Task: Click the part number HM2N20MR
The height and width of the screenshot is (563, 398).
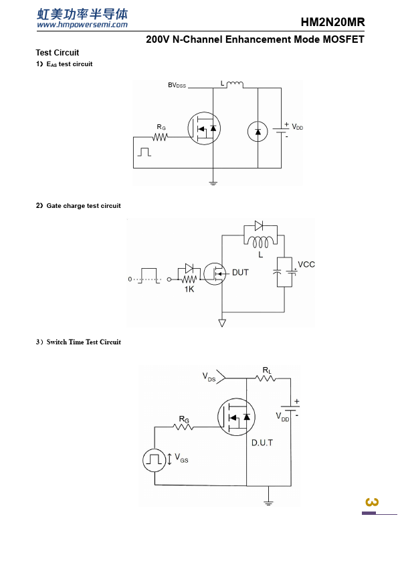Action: [332, 22]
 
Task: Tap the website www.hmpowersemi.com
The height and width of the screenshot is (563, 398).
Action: [82, 25]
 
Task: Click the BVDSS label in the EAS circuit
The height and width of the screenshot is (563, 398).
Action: [177, 85]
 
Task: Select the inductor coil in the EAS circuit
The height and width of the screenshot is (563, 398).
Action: [235, 84]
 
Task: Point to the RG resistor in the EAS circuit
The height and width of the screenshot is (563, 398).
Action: [161, 137]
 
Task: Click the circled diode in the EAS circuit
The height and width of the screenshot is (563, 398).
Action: [258, 132]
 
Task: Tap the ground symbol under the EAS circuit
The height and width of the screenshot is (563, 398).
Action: [213, 183]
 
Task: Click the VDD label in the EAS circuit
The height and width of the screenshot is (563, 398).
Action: [298, 127]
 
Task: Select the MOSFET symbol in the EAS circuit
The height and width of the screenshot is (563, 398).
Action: [204, 128]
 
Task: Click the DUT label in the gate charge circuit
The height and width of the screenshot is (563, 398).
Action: [240, 273]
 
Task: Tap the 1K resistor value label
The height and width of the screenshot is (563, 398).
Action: [189, 290]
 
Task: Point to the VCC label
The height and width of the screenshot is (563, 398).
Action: [306, 265]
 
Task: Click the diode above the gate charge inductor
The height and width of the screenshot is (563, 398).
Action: [259, 225]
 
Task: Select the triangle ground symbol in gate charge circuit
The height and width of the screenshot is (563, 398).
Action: [222, 323]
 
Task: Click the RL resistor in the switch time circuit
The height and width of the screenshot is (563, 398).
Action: [266, 378]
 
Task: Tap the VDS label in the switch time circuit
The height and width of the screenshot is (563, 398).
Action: [209, 377]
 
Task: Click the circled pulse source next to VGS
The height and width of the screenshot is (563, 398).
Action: [155, 459]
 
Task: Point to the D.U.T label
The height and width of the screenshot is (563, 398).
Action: [262, 443]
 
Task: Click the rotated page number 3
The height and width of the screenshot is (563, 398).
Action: [372, 501]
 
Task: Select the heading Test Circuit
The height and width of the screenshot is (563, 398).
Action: [58, 53]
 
